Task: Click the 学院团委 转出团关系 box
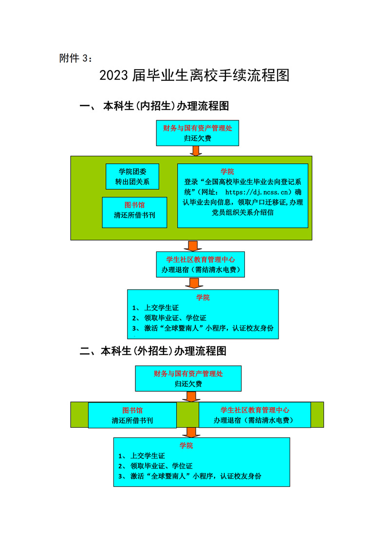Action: (x=132, y=176)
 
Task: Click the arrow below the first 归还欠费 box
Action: (x=196, y=151)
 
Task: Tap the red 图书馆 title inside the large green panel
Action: (x=134, y=205)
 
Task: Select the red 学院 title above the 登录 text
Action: (x=227, y=171)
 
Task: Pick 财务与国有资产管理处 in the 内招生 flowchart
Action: (x=198, y=129)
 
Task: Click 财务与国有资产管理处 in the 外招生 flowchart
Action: (x=188, y=374)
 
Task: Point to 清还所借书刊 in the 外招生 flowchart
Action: (x=132, y=419)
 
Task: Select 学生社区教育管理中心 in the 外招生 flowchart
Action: (x=255, y=410)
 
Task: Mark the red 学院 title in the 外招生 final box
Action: (x=186, y=445)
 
